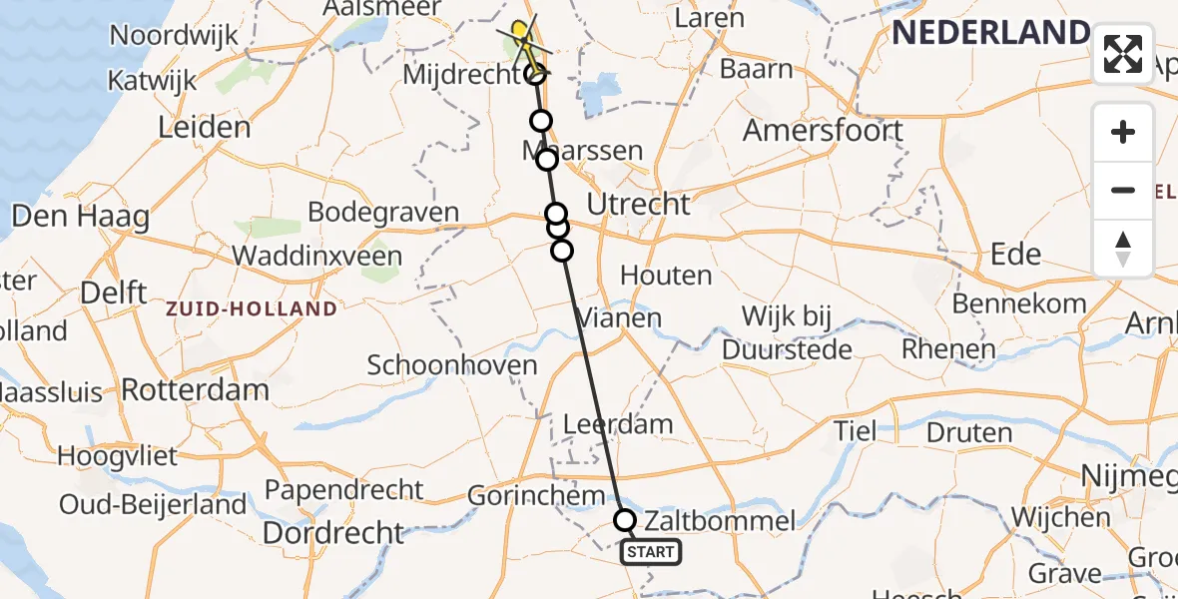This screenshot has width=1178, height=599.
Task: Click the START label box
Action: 651,551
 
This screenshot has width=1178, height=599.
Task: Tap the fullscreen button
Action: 1123,54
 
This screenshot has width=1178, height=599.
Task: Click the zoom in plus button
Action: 1123,132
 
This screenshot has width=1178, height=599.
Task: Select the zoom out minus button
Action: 1123,190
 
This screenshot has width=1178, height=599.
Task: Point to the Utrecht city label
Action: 638,205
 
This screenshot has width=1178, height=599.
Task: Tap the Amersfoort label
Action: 823,131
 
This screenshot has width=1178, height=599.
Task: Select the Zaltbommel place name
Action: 720,521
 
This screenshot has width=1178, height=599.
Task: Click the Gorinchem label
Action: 536,496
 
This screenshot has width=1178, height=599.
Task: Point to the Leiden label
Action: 205,128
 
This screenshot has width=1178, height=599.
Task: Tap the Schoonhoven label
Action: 452,365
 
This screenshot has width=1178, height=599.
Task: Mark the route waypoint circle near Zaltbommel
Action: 625,519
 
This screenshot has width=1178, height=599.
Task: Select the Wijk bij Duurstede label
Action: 788,333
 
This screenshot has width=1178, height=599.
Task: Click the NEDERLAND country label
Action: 990,33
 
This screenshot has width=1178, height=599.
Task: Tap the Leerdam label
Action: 618,423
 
